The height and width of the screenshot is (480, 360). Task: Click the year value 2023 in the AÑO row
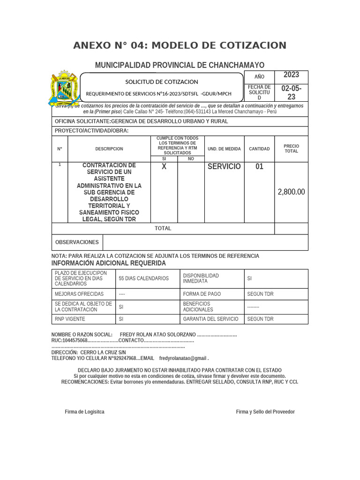tap(291, 75)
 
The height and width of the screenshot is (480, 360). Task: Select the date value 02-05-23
tap(291, 93)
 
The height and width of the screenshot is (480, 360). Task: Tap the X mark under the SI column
tap(164, 167)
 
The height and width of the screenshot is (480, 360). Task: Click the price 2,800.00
tap(291, 192)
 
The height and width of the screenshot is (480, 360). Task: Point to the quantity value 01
tap(259, 166)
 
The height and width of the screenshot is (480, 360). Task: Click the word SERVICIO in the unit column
tap(224, 166)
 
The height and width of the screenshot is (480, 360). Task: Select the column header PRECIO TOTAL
tap(291, 149)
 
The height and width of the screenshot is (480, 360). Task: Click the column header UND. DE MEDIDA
tap(224, 149)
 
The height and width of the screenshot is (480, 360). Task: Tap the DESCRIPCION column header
tap(109, 149)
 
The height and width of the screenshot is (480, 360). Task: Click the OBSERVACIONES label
tap(77, 242)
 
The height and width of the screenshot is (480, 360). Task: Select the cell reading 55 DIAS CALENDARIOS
tap(144, 278)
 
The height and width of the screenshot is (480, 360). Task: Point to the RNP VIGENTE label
tap(70, 319)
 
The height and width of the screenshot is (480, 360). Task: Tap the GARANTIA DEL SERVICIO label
tap(210, 319)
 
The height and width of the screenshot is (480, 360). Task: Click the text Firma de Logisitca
tap(84, 412)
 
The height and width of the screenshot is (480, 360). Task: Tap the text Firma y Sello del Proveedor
tap(265, 412)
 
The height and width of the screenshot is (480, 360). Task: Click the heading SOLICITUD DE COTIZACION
tap(161, 82)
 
